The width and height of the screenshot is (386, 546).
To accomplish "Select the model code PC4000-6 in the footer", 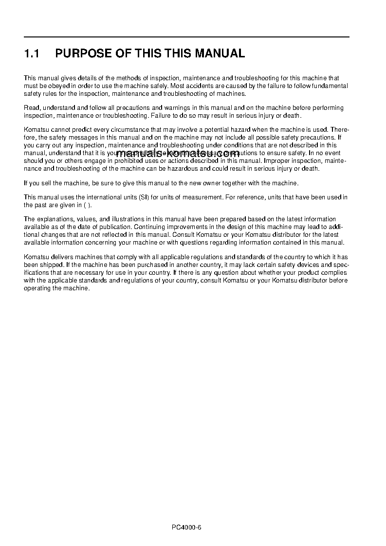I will tap(186, 528).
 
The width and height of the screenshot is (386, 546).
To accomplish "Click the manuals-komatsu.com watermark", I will tap(178, 153).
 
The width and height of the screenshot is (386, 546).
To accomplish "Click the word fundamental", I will tap(330, 86).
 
